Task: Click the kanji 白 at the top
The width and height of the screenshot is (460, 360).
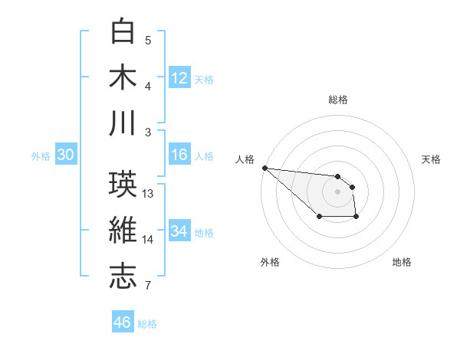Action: click(x=124, y=32)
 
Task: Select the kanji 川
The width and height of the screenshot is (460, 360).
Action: click(x=124, y=122)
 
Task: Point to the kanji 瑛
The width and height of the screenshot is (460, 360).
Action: click(x=124, y=185)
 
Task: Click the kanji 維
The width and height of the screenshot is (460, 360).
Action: click(x=124, y=230)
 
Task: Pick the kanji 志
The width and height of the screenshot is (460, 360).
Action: click(x=124, y=275)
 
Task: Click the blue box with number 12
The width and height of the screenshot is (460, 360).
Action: click(x=179, y=78)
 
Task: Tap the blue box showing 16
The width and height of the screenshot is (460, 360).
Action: click(x=179, y=155)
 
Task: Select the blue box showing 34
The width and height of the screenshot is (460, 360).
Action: click(x=179, y=231)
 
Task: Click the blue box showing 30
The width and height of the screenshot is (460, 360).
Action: click(x=66, y=155)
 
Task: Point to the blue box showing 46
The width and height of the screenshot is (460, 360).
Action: click(x=123, y=322)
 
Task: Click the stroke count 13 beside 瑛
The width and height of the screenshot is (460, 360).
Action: click(x=149, y=194)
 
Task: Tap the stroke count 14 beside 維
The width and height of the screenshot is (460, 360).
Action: click(x=149, y=240)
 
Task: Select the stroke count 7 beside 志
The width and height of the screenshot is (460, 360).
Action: click(x=148, y=286)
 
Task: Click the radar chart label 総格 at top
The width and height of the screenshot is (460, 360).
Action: click(x=338, y=100)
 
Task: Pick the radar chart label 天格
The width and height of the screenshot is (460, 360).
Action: click(x=432, y=159)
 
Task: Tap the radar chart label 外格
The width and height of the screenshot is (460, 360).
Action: click(x=270, y=262)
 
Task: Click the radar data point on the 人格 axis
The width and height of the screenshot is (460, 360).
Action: click(x=264, y=168)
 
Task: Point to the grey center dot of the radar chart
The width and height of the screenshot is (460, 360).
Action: click(x=338, y=191)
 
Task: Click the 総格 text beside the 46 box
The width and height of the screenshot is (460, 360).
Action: click(x=147, y=324)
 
